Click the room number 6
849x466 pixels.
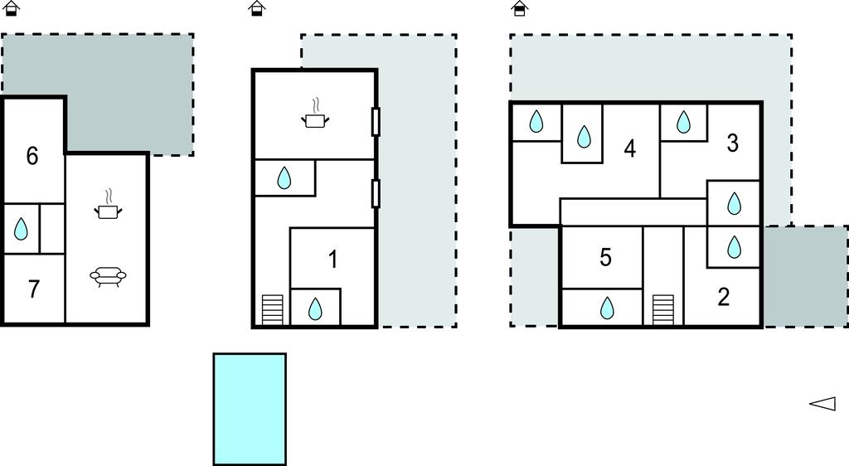32,155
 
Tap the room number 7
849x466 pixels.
34,289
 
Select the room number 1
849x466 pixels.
332,260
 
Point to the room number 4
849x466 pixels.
630,149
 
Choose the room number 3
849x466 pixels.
732,143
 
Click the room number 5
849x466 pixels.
605,258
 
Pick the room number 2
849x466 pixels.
723,297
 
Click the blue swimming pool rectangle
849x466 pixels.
250,409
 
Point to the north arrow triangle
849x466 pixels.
822,404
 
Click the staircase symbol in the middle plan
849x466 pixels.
272,310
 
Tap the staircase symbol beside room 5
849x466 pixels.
662,310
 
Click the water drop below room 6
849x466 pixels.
22,229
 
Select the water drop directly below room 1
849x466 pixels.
315,309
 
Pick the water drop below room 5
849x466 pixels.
608,308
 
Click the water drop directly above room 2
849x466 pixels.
734,247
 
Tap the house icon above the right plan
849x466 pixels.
520,9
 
